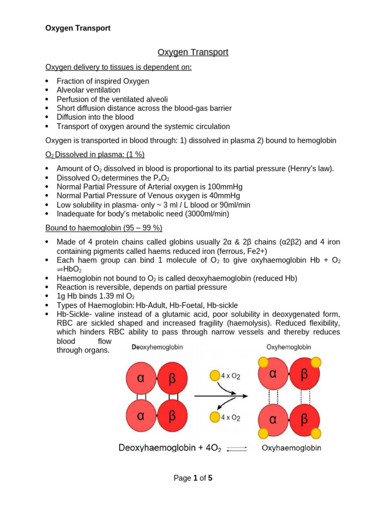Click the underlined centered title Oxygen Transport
(193, 52)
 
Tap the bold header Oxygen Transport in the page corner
(78, 28)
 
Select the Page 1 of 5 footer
(193, 478)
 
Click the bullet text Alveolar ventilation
(88, 90)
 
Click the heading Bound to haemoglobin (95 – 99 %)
(104, 228)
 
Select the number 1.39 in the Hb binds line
(100, 296)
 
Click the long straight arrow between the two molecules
(221, 396)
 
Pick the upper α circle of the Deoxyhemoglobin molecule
(142, 378)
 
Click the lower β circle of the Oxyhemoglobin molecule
(304, 419)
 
